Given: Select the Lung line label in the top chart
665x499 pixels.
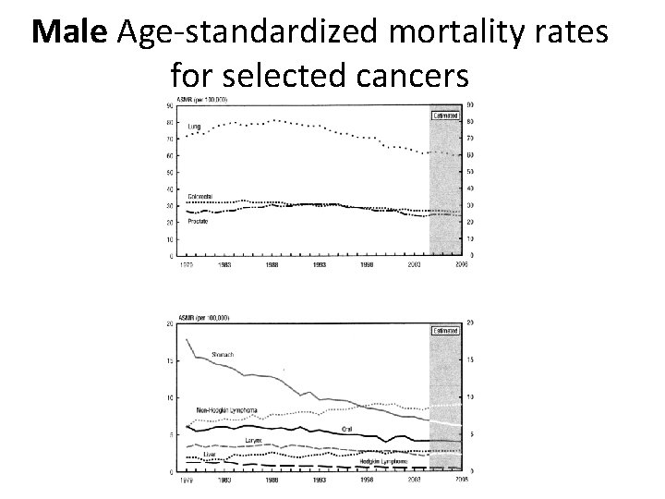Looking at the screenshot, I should pyautogui.click(x=195, y=126).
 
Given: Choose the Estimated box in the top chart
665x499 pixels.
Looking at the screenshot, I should pyautogui.click(x=452, y=116).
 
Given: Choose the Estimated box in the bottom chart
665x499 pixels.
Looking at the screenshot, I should pyautogui.click(x=444, y=330).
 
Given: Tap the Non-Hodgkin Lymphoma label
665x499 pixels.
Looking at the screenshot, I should pyautogui.click(x=225, y=409).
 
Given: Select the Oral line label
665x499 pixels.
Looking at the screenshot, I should pyautogui.click(x=346, y=429).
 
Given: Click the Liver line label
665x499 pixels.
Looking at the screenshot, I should pyautogui.click(x=211, y=455).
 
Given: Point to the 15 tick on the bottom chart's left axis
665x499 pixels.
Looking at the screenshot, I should pyautogui.click(x=170, y=360).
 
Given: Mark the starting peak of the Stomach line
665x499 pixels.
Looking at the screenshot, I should pyautogui.click(x=187, y=339).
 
